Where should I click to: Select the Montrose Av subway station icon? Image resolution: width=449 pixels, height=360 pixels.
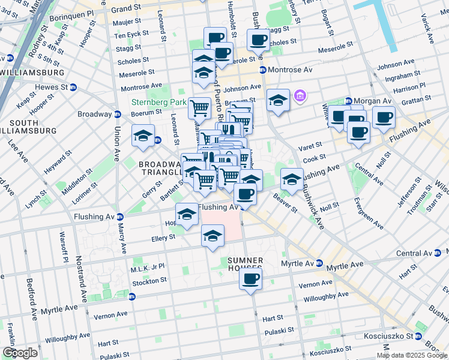tap(263, 71)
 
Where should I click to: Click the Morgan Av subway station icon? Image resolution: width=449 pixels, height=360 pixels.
tap(349, 101)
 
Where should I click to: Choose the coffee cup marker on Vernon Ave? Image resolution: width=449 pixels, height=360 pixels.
tap(250, 279)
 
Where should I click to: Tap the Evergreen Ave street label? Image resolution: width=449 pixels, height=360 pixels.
tap(368, 212)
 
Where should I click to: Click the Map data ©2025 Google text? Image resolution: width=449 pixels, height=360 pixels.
tap(412, 355)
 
